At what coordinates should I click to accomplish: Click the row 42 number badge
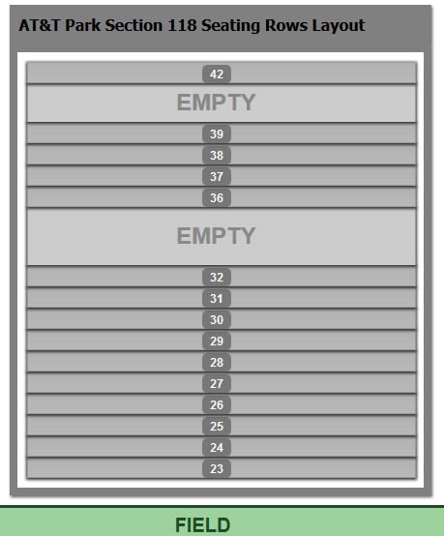[x=217, y=74]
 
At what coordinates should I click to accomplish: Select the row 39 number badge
[x=217, y=134]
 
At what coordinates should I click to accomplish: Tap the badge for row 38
[x=217, y=155]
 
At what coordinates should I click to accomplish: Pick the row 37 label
[x=217, y=176]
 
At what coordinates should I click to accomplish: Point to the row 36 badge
[x=217, y=197]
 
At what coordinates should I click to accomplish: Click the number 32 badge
[x=217, y=277]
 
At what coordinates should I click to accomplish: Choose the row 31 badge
[x=217, y=298]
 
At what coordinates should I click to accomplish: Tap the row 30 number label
[x=217, y=319]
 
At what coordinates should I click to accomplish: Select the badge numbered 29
[x=217, y=341]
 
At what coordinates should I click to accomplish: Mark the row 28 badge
[x=217, y=363]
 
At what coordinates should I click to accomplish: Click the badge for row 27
[x=217, y=383]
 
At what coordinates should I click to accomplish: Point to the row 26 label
[x=217, y=404]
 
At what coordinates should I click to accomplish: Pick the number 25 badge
[x=217, y=426]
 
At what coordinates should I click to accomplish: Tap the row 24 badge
[x=217, y=447]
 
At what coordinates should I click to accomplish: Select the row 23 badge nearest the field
[x=217, y=468]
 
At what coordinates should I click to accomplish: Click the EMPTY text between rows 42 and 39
[x=216, y=103]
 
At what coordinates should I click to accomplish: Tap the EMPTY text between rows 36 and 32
[x=216, y=235]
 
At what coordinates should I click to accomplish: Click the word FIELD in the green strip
[x=203, y=524]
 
